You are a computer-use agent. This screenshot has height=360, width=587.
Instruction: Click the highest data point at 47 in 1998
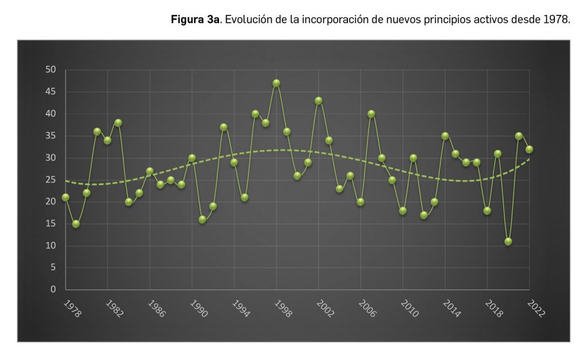click(x=276, y=83)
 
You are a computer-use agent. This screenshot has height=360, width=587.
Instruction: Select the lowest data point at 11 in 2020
click(x=508, y=241)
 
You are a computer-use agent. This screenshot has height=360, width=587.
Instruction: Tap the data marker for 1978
click(x=65, y=197)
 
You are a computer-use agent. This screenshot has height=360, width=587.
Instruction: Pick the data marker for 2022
click(x=529, y=149)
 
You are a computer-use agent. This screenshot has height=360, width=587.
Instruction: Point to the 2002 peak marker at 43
click(x=318, y=101)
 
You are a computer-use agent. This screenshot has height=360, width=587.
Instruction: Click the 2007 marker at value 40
click(x=371, y=114)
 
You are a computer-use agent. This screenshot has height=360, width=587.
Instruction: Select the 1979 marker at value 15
click(x=76, y=224)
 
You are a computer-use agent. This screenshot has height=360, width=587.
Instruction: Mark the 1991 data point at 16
click(x=202, y=220)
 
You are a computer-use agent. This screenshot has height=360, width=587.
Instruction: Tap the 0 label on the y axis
click(x=53, y=289)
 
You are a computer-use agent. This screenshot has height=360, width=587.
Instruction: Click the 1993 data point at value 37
click(x=224, y=127)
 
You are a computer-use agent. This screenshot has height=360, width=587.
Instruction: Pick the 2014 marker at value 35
click(x=445, y=136)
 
